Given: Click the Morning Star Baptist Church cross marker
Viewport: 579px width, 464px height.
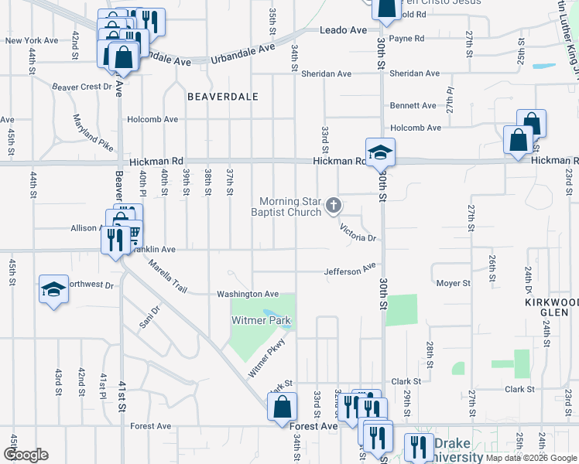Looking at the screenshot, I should point(334,205).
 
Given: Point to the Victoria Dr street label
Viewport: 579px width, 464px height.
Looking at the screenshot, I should point(357,234).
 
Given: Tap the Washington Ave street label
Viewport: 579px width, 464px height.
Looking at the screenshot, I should point(247,294).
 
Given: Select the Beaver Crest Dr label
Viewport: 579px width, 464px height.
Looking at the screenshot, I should point(81,87).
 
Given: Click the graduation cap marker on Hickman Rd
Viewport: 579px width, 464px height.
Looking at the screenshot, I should point(380,152).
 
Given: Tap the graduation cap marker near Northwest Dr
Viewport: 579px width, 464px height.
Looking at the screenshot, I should point(53,290).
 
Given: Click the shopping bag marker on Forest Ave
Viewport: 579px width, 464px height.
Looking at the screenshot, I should point(283,407).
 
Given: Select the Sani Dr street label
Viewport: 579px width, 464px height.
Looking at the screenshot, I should point(149,317).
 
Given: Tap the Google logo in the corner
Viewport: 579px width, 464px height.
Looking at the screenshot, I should point(26,455).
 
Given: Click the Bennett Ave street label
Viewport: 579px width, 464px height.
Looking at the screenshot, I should point(413,105).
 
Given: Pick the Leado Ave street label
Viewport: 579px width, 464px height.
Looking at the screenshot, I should point(343,30).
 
